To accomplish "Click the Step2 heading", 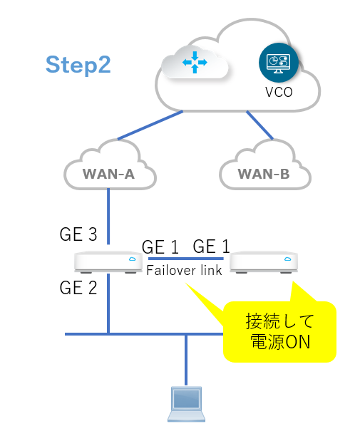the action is coord(78,65).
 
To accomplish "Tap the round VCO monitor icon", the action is coord(278,63).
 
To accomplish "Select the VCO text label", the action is coord(279,92).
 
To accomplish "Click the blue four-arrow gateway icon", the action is coord(195,63).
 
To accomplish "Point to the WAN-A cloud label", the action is coord(108,174).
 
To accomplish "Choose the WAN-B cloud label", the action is coord(264,174).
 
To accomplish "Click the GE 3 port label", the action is coord(78,234).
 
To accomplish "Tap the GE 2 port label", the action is coord(78,288).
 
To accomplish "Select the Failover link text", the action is coord(184,270).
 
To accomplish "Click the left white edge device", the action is coord(108,262).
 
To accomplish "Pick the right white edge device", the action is coord(264,262).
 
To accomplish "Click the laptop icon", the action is coord(186,404).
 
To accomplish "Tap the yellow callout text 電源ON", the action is coord(280,342).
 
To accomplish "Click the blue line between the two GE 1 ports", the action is coord(186,259).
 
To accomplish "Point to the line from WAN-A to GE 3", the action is coord(108,217).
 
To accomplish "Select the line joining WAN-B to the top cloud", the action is coord(259,125).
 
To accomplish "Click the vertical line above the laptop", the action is coord(186,360).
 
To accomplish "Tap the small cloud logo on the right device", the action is coord(288,259).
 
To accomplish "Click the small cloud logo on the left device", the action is coord(133,259).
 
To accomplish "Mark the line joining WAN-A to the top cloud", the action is coord(150,125).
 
